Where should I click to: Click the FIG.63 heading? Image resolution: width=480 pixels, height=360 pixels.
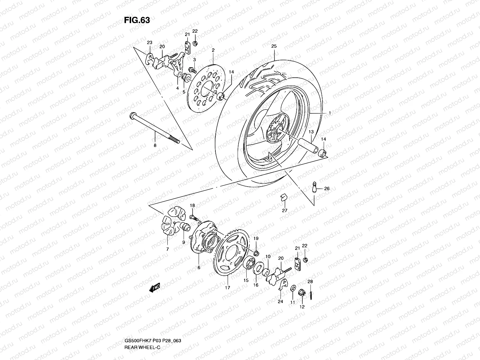[x=137, y=20]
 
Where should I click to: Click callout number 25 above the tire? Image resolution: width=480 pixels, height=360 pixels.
[x=274, y=46]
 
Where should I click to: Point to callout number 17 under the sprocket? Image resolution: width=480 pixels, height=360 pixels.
[x=227, y=287]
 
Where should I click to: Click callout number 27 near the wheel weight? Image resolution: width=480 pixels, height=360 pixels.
[x=284, y=210]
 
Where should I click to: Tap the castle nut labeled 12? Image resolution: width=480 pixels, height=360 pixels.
[x=302, y=293]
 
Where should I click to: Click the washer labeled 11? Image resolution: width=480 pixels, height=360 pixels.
[x=293, y=289]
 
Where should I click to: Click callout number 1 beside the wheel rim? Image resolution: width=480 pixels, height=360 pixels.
[x=329, y=113]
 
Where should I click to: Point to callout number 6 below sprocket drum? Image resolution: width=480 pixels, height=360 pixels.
[x=199, y=267]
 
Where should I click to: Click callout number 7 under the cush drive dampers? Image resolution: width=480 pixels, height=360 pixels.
[x=167, y=249]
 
